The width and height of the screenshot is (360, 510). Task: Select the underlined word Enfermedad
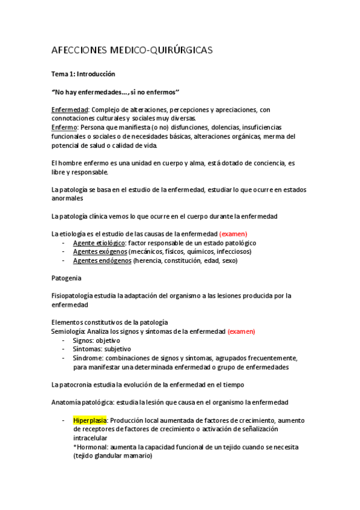70,109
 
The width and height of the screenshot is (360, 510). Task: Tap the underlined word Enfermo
64,127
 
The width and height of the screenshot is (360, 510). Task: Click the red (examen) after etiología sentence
233,234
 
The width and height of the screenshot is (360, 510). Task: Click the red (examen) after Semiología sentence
241,331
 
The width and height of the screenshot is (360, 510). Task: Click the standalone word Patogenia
67,278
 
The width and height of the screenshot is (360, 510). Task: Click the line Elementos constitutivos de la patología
109,322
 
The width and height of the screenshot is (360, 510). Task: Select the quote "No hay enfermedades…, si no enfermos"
115,92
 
